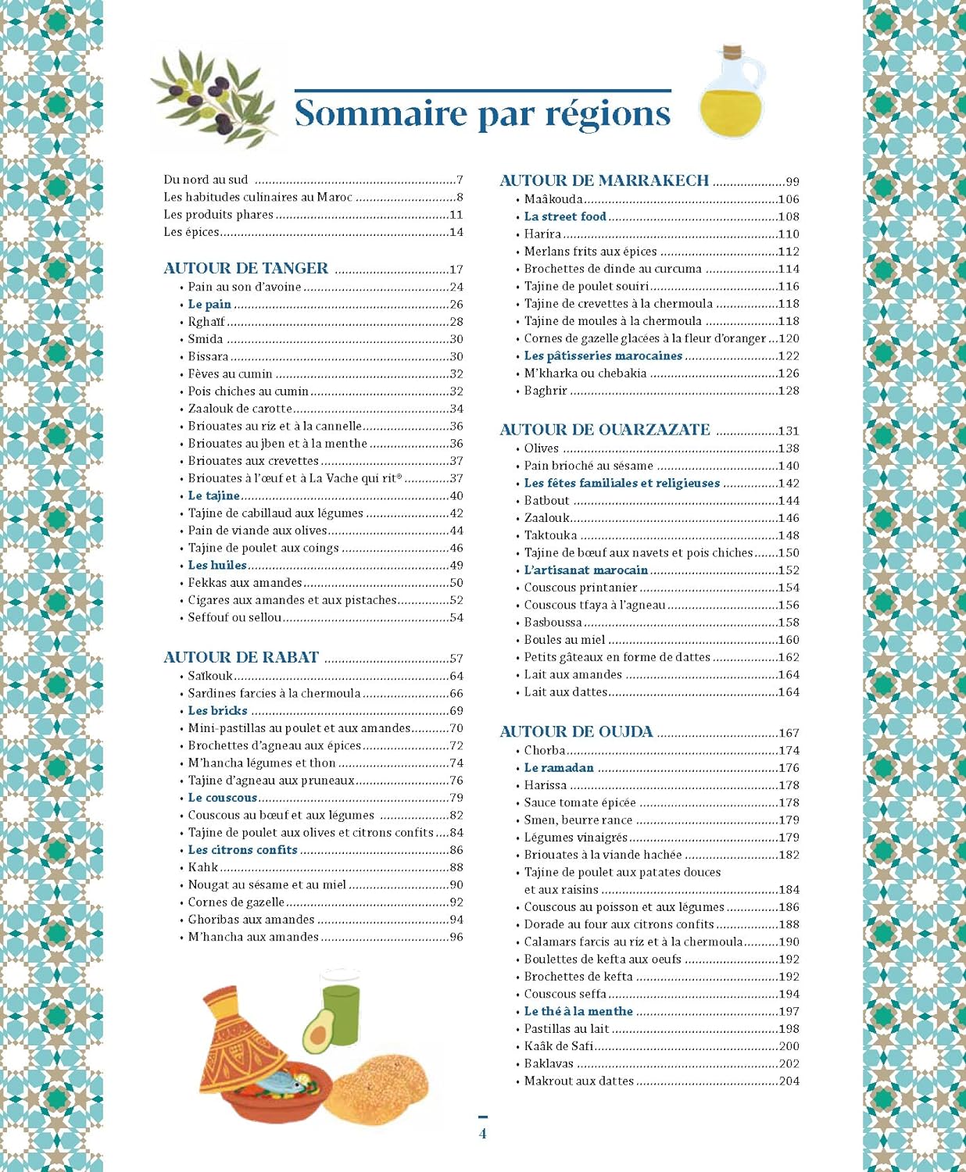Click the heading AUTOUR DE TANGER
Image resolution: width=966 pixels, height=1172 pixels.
245,268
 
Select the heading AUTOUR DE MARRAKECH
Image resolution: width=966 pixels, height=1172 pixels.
604,180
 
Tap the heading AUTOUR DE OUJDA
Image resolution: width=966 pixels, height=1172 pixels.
576,732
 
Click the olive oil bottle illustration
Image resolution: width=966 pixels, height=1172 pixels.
731,94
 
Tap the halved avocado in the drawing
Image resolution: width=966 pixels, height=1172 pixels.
317,1032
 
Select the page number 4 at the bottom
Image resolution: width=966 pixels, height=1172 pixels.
482,1134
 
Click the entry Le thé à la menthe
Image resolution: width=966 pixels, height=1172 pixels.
578,1011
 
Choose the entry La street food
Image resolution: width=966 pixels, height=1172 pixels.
565,216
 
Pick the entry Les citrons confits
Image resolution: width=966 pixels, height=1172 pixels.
242,850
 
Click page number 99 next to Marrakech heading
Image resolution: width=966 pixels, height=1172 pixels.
792,181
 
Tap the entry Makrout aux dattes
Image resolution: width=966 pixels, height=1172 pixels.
578,1081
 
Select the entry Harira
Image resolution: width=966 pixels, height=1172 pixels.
542,234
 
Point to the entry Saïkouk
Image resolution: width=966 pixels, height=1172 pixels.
210,676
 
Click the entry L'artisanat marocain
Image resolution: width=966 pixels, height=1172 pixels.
585,570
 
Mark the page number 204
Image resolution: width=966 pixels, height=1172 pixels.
789,1081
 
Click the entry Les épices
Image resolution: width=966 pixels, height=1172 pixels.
191,232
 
